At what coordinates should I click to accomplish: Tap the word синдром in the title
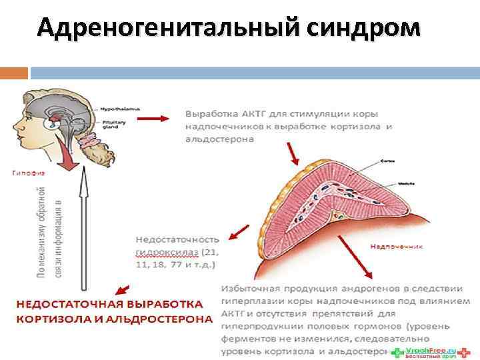click(x=365, y=27)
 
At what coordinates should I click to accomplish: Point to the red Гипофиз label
click(x=26, y=172)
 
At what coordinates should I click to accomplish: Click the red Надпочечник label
click(x=397, y=245)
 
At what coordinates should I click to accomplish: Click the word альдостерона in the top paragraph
click(x=219, y=139)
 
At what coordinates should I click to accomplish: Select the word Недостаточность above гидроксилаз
click(x=177, y=239)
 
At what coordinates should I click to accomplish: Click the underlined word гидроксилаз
click(x=167, y=253)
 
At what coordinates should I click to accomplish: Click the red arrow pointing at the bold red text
click(x=123, y=289)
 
